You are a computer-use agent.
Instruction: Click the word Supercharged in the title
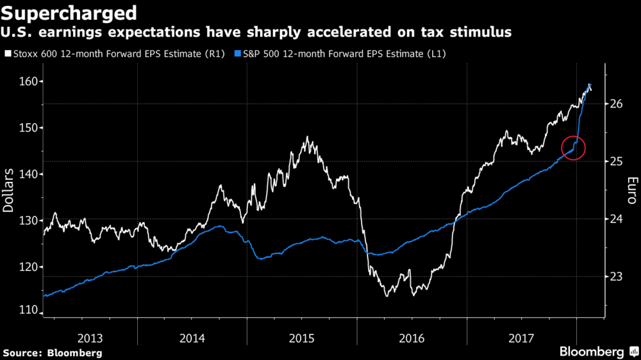70,13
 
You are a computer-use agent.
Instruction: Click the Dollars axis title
10,191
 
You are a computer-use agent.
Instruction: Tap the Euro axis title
631,191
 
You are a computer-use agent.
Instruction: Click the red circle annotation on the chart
574,148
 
